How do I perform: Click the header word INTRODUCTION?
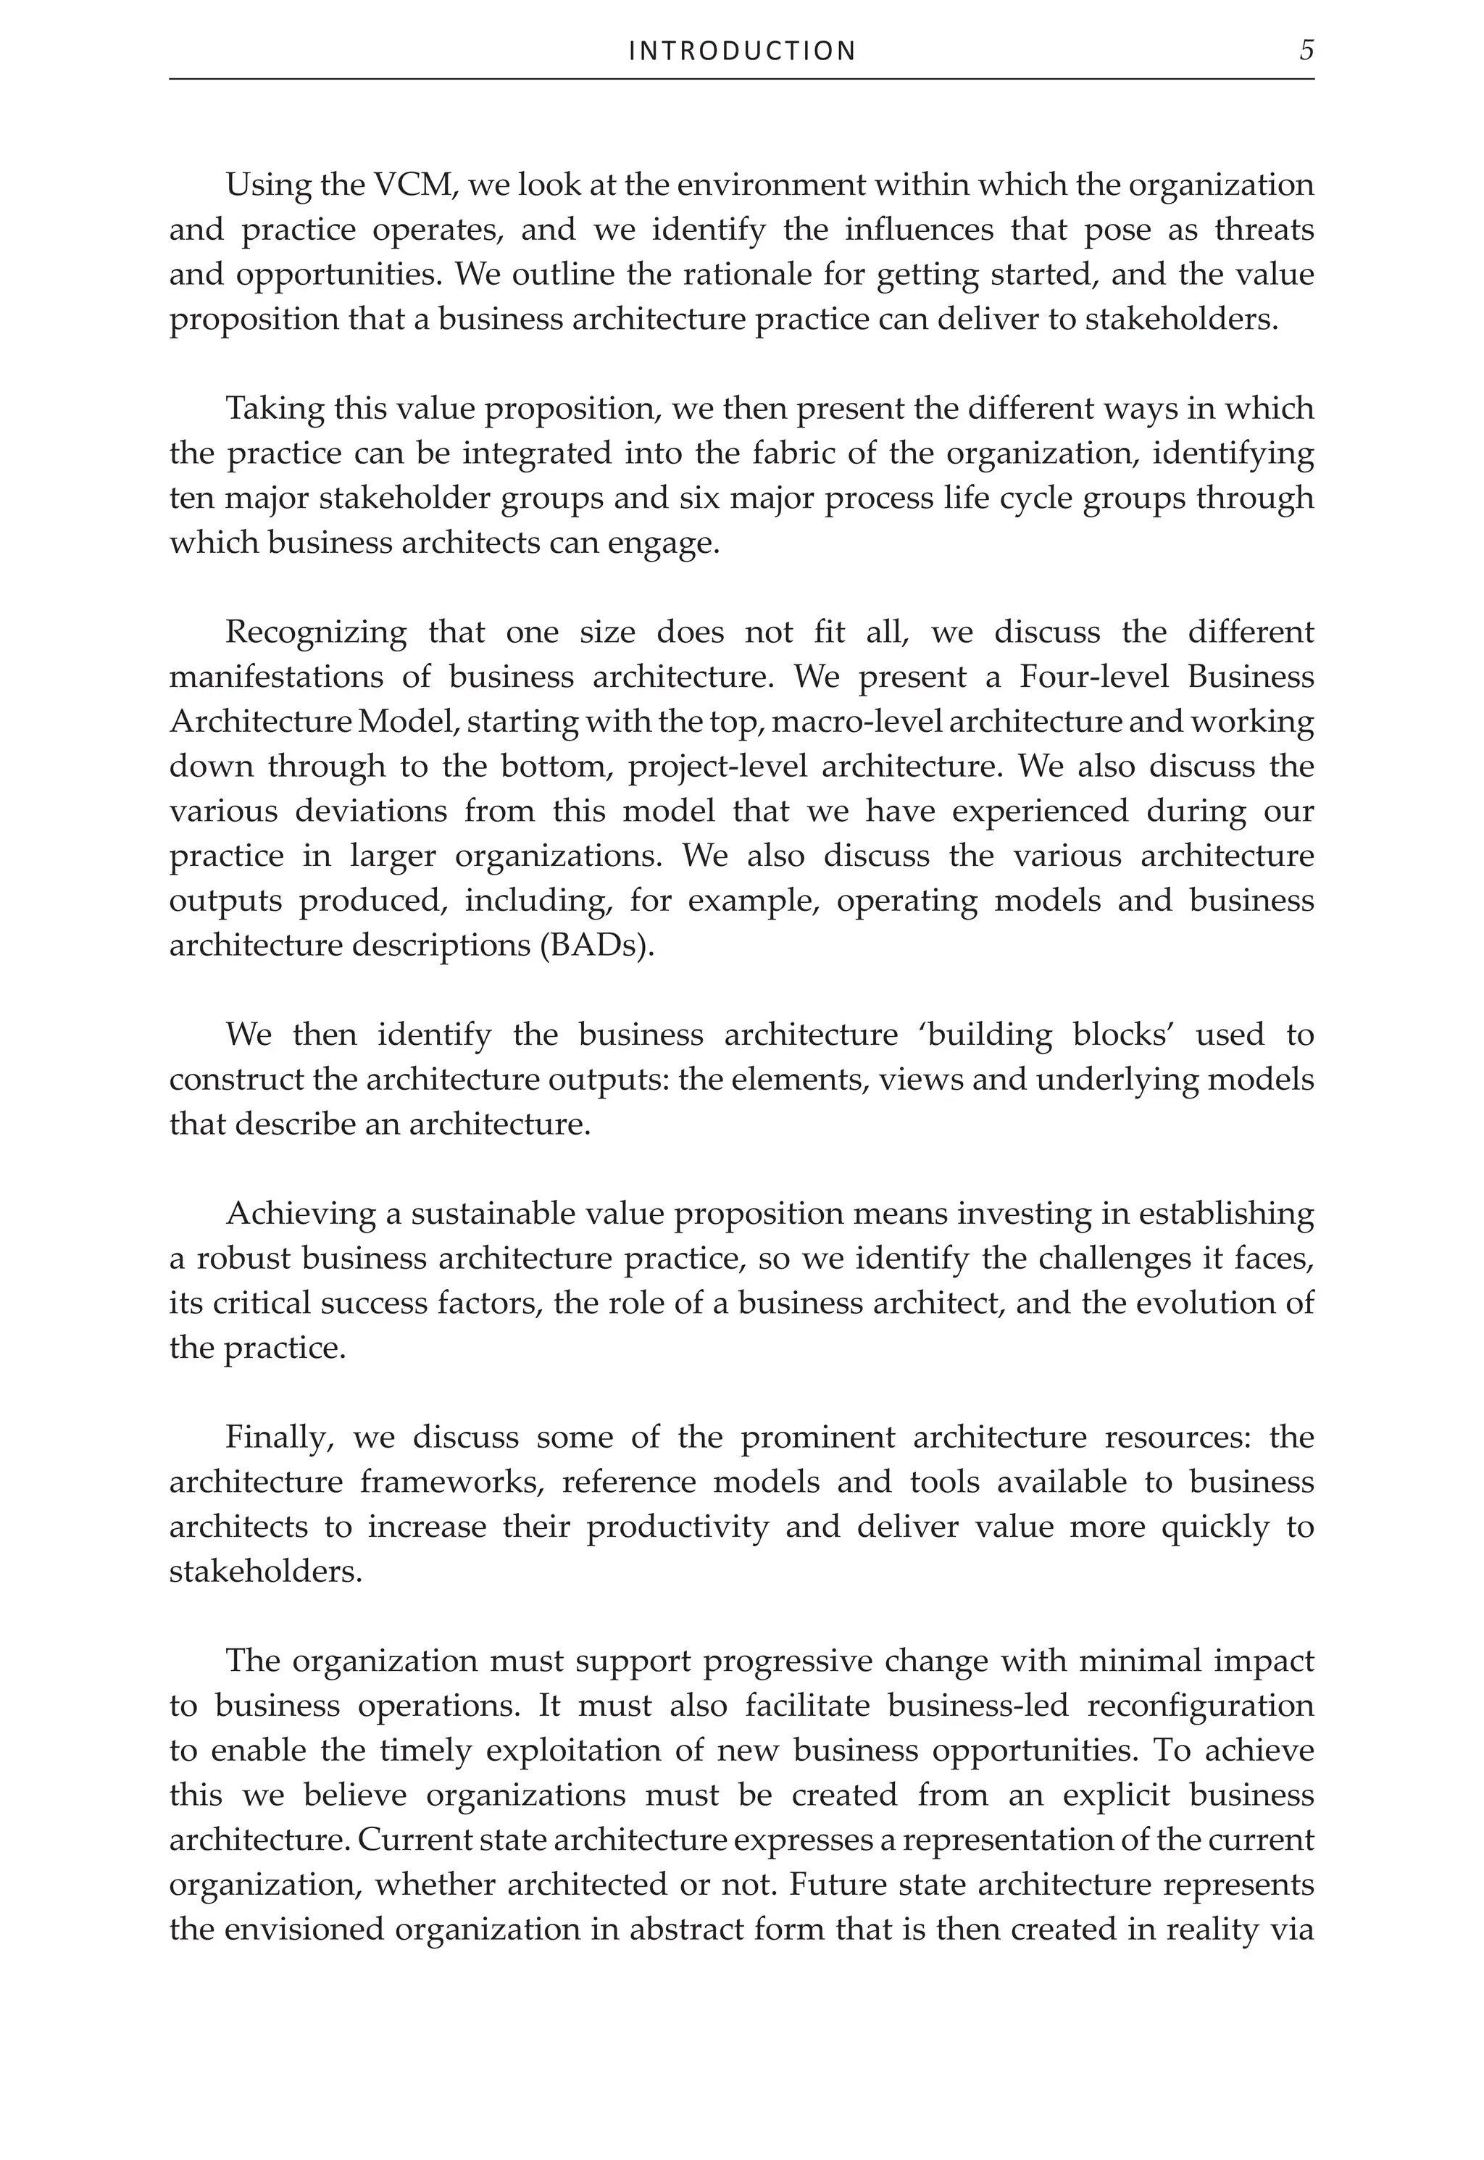pos(742,51)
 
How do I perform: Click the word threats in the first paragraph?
pos(1264,230)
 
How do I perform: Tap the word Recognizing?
pos(315,633)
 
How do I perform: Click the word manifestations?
pos(275,677)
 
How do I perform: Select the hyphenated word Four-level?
pos(1096,677)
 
